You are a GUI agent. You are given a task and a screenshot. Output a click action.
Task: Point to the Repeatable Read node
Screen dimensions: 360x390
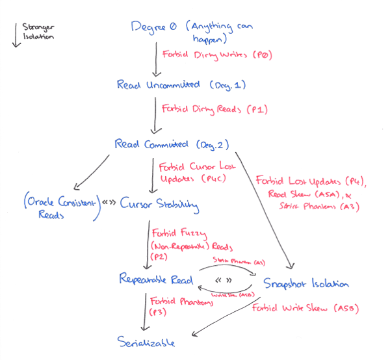pyautogui.click(x=157, y=279)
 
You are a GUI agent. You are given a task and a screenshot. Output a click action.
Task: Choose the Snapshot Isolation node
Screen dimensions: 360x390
pyautogui.click(x=307, y=284)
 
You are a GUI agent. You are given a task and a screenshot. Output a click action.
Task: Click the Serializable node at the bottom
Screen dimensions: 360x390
pyautogui.click(x=146, y=341)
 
